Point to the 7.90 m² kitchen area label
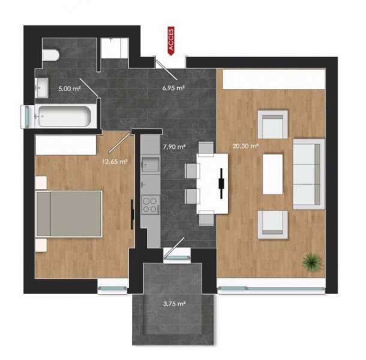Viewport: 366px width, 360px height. pos(173,146)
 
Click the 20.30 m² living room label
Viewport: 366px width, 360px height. pos(245,145)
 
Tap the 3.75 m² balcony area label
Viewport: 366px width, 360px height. pos(173,304)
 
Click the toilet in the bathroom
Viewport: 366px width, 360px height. pos(50,56)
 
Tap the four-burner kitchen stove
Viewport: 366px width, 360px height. pos(149,205)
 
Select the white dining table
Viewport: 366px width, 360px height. pos(214,183)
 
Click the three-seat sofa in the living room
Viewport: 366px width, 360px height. pos(308,174)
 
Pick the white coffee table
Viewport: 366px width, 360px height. pos(272,174)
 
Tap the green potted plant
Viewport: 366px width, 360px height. pos(311,262)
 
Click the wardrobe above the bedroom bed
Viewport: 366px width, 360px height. pos(65,145)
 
